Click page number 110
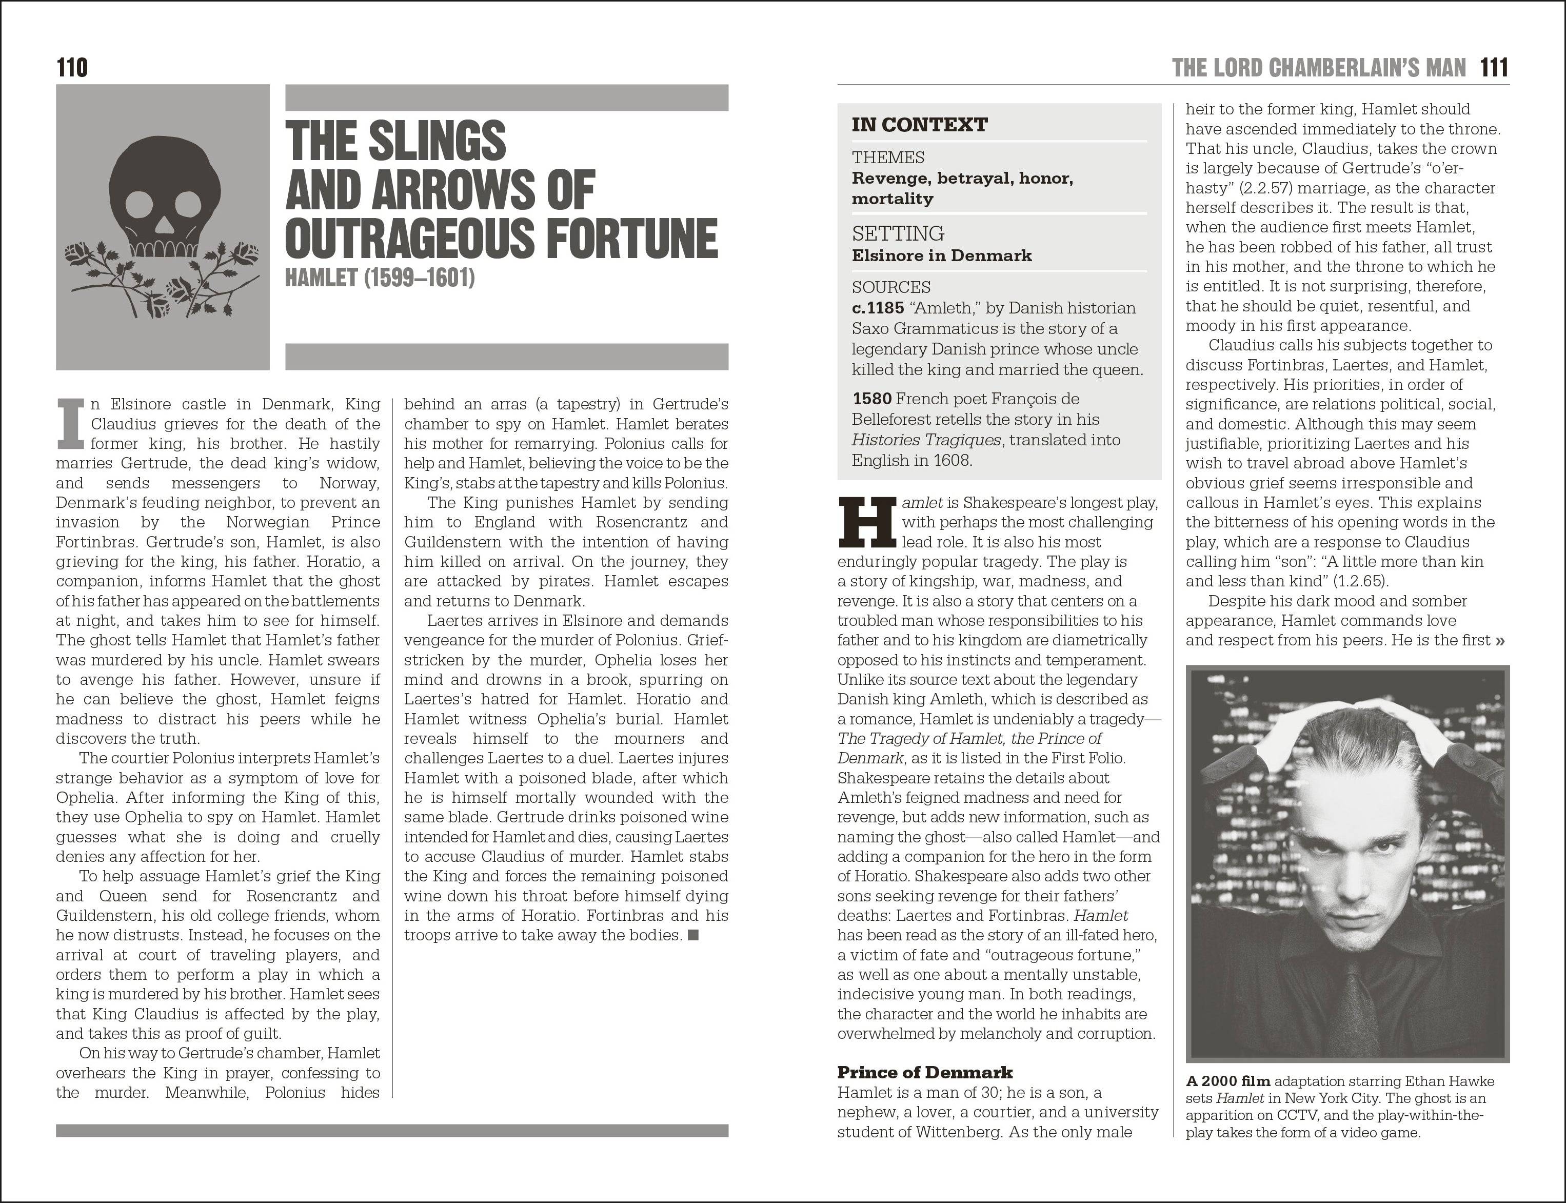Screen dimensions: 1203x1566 [x=72, y=68]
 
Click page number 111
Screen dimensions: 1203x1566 [x=1494, y=68]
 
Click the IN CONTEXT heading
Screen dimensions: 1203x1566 [x=919, y=125]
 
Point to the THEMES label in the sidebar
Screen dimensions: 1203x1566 [x=888, y=157]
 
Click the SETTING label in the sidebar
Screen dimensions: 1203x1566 [x=898, y=233]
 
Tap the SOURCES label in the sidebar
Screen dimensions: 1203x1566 [x=891, y=287]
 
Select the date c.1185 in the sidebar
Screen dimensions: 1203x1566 [x=878, y=308]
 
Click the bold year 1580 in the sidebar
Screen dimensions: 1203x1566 [x=871, y=399]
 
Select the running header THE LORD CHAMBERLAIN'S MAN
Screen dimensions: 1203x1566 [x=1319, y=68]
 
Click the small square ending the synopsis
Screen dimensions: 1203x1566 [x=693, y=935]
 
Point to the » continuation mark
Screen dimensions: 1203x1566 [x=1500, y=640]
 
